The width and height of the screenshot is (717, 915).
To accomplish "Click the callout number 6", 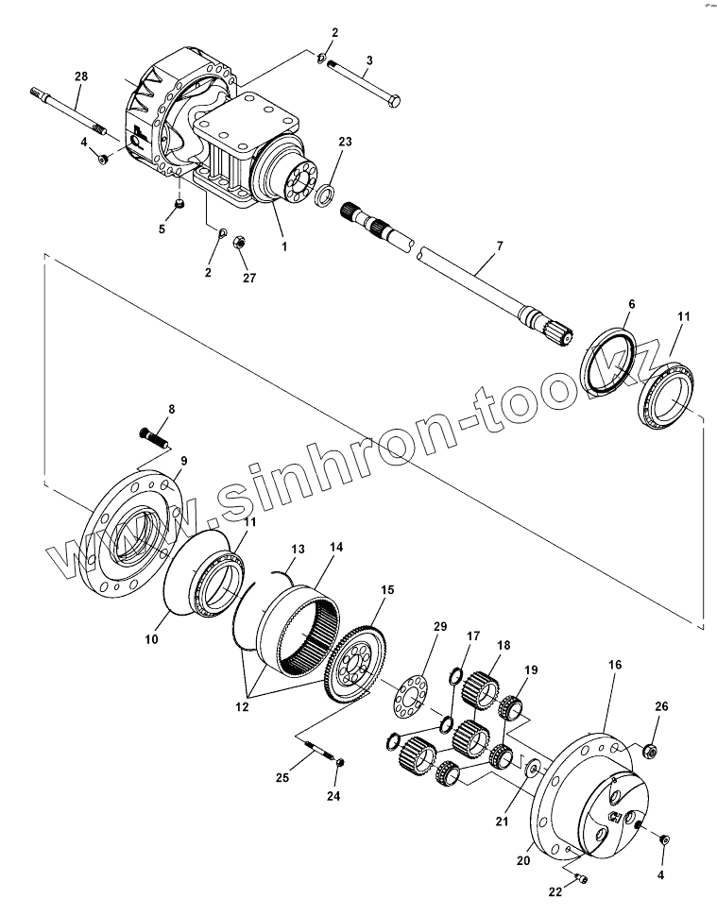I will tap(631, 304).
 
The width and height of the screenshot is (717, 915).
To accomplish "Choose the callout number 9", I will tap(183, 461).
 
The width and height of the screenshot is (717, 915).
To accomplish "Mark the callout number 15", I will tap(386, 589).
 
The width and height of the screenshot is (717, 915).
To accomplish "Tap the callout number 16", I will tap(615, 665).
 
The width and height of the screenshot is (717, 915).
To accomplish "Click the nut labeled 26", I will tap(650, 752).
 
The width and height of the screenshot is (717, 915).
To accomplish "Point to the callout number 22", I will tap(555, 890).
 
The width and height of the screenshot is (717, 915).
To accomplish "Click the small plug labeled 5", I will tap(179, 206).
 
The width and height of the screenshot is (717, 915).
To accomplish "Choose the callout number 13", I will tap(298, 549).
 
